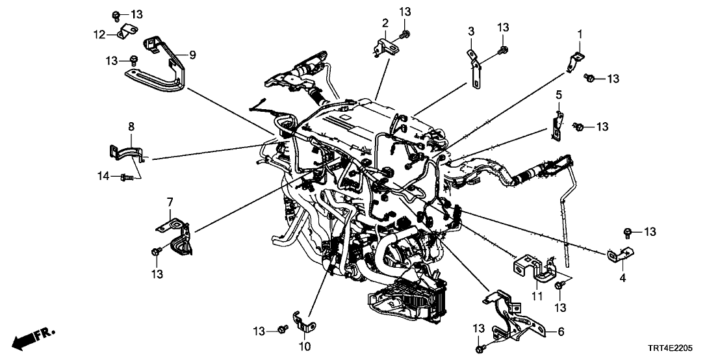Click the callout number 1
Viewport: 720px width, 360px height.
tap(580, 33)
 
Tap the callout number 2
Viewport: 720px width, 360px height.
tap(385, 23)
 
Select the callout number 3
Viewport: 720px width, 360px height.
tap(470, 31)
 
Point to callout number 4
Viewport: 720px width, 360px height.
tap(623, 278)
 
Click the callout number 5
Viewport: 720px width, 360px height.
tap(558, 96)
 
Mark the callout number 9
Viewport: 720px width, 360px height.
tap(192, 55)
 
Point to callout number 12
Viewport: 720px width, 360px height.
tap(99, 34)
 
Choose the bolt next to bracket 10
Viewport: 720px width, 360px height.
tap(282, 331)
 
